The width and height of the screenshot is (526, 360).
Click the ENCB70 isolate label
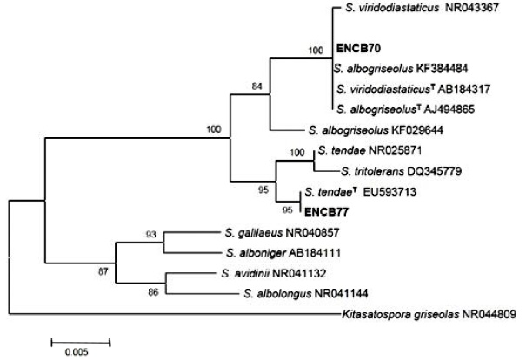point(355,50)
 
